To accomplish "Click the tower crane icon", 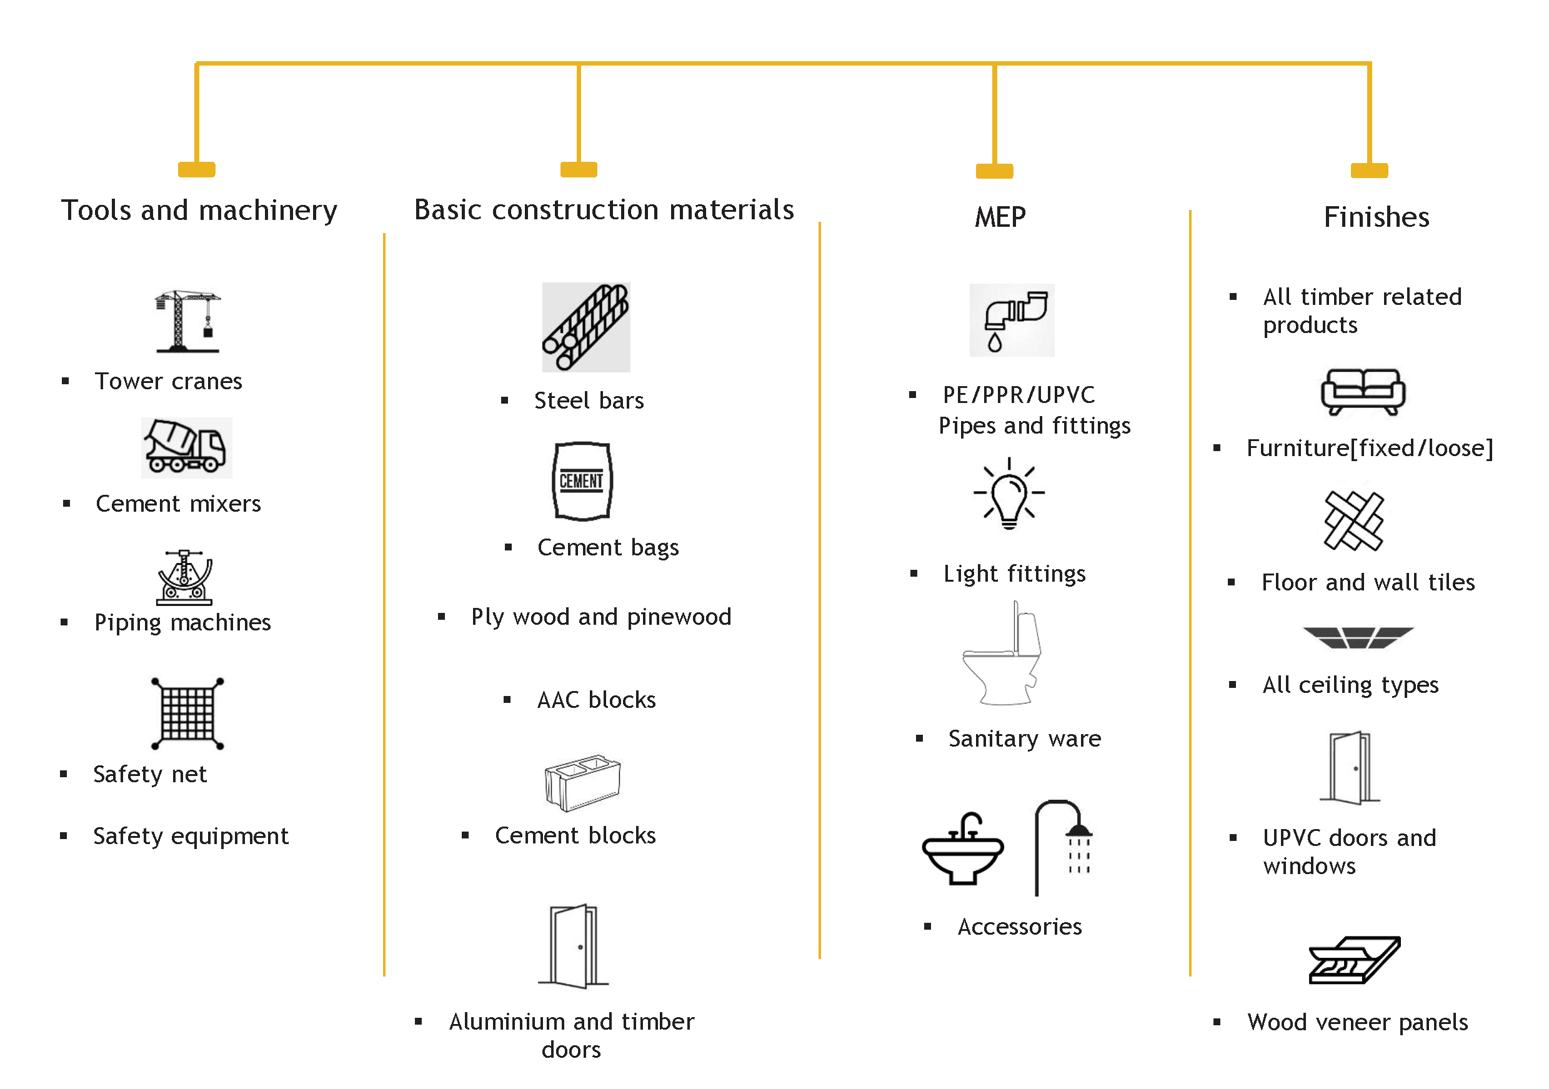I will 187,321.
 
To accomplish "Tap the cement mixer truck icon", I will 186,447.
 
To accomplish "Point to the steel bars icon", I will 585,327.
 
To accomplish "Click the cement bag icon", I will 582,481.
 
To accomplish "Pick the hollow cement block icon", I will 582,782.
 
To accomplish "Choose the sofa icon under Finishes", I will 1363,391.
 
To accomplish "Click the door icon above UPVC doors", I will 1350,768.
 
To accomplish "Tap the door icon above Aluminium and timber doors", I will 574,946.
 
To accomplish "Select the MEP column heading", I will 1000,217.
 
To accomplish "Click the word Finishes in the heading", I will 1377,217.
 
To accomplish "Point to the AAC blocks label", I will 596,700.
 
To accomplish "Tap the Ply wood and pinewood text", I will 600,617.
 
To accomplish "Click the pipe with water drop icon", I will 1011,321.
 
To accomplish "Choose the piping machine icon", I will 185,577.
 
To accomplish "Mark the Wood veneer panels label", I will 1357,1022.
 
